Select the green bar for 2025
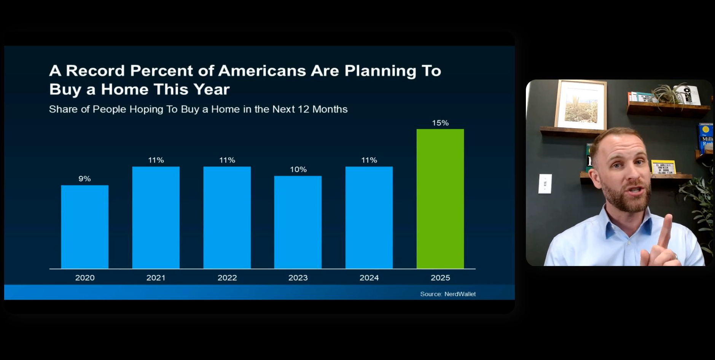[440, 199]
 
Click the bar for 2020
[84, 227]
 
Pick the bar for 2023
[298, 222]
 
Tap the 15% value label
[440, 123]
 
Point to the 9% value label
[84, 179]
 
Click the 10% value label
[298, 169]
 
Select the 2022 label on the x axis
[227, 278]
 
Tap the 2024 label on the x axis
[369, 278]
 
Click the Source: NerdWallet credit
[448, 294]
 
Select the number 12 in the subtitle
[303, 109]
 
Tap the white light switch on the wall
[545, 184]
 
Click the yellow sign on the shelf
[664, 167]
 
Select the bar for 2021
[156, 217]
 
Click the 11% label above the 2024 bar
[369, 160]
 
